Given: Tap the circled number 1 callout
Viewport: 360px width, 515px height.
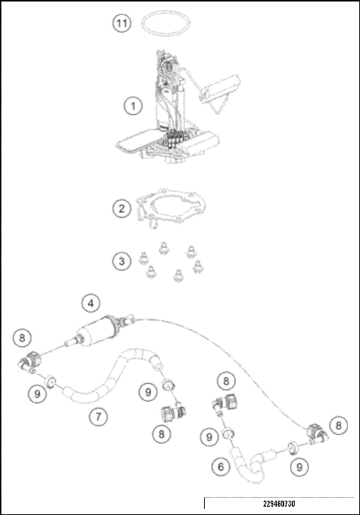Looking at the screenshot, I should (x=133, y=106).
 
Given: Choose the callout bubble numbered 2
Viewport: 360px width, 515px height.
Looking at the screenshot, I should (x=122, y=208).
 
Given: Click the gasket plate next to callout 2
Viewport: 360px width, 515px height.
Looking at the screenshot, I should (x=172, y=207).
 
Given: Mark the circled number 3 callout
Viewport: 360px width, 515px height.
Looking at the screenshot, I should (x=122, y=261).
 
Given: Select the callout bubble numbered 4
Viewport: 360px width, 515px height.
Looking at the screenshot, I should (x=91, y=304).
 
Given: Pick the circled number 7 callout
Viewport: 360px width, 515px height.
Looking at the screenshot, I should (x=97, y=415).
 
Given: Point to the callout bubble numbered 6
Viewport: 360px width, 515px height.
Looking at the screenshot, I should (x=220, y=466).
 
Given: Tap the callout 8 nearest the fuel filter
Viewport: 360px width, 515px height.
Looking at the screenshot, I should (x=23, y=337).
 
